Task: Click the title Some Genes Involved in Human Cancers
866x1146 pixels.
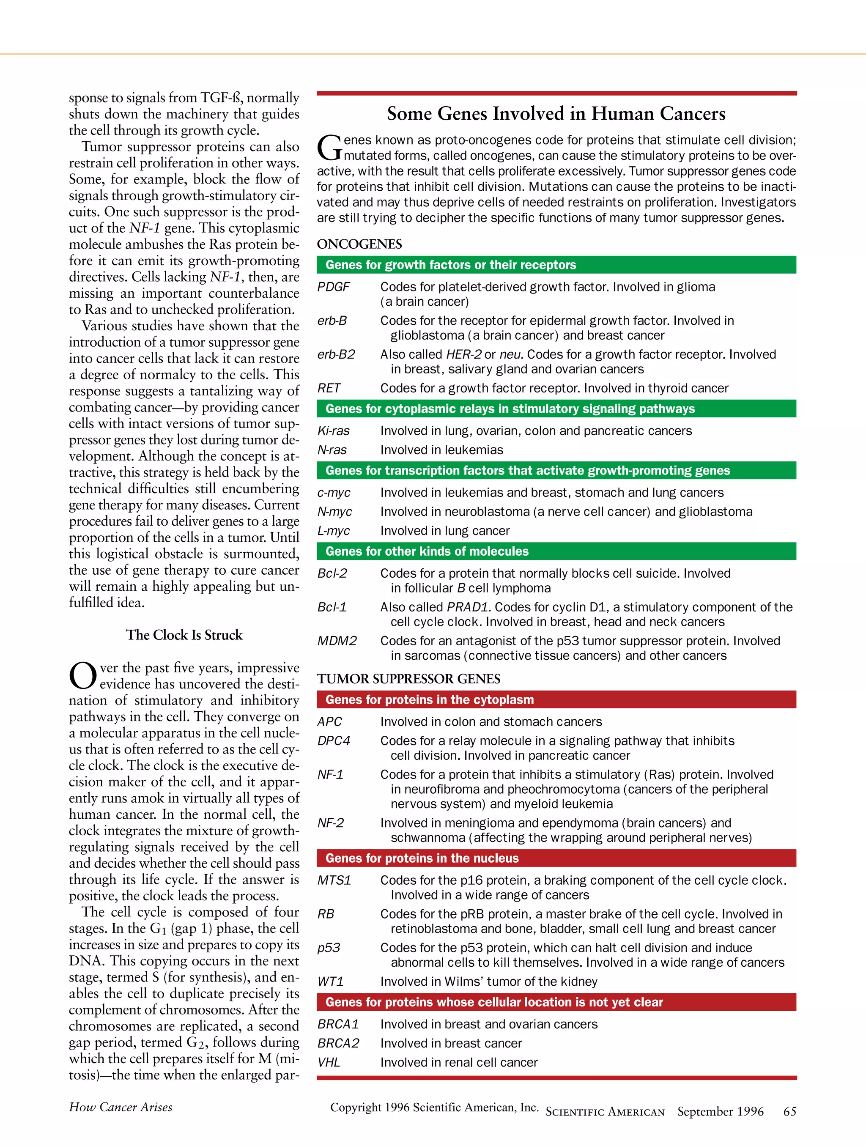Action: (556, 113)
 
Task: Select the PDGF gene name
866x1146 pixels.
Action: (334, 287)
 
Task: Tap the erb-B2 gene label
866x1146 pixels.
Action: (336, 354)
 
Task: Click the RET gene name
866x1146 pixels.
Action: (329, 388)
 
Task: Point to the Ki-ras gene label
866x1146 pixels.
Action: (334, 430)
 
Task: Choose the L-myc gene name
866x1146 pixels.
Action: (334, 531)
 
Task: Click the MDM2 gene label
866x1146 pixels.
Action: (337, 641)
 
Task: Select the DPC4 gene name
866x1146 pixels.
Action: (334, 741)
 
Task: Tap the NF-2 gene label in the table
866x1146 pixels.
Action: (330, 823)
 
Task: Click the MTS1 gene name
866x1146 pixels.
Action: (334, 880)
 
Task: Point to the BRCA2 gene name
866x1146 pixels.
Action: (338, 1043)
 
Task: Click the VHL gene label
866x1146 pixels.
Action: (329, 1062)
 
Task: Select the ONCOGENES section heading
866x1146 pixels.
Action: (359, 244)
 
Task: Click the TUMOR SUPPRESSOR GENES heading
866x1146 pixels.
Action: (408, 679)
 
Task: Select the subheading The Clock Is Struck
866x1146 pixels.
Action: (184, 635)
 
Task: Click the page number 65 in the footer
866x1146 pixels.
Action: (789, 1111)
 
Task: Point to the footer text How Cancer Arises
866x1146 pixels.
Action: (121, 1107)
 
